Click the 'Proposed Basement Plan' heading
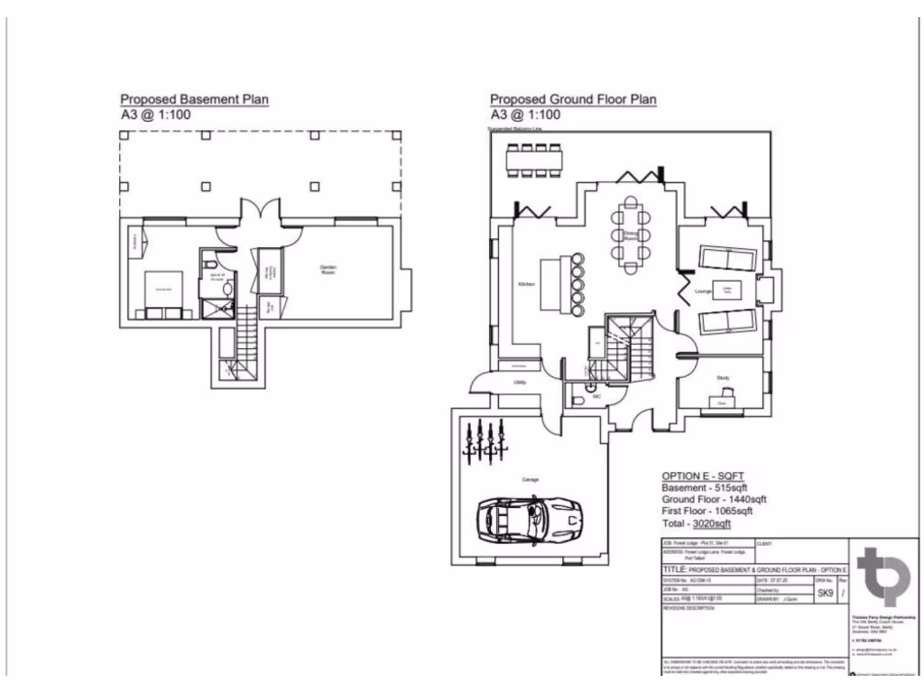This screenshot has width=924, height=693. click(195, 99)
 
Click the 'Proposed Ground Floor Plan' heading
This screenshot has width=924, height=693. click(573, 99)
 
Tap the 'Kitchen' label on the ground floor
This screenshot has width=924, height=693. click(527, 284)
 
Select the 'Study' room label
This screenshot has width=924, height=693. click(723, 378)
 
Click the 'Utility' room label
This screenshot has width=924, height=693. click(520, 383)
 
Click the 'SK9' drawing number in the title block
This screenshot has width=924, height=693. click(824, 595)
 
